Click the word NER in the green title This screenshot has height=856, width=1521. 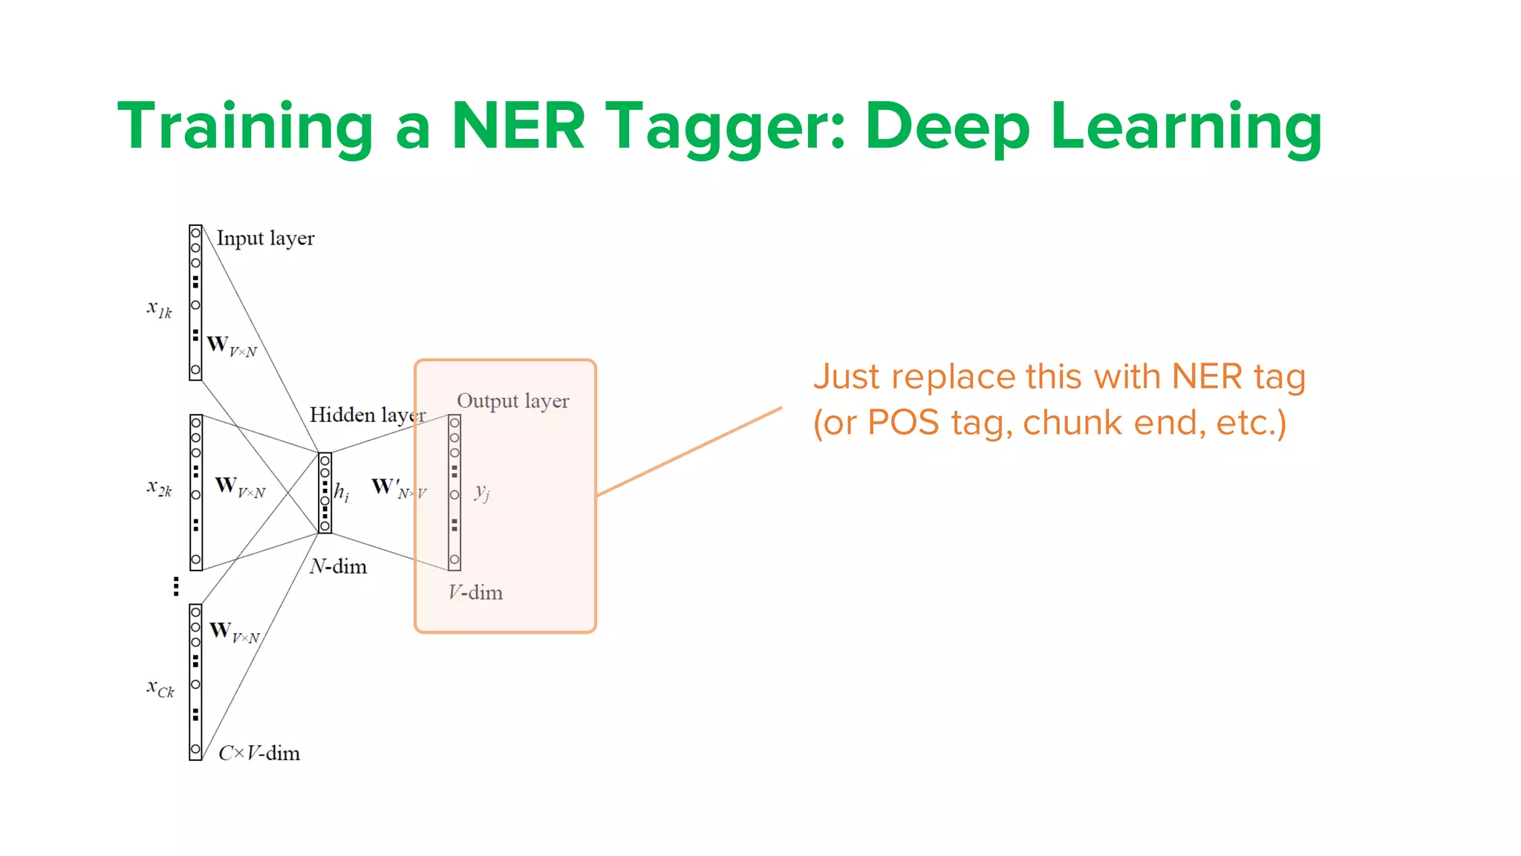pos(518,126)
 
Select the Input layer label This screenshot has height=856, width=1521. pos(265,239)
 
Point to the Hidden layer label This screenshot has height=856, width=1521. pos(367,415)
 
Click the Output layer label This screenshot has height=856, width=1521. pos(512,401)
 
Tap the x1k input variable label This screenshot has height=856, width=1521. pos(160,308)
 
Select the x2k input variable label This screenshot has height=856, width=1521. pos(160,488)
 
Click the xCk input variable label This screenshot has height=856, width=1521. pos(160,688)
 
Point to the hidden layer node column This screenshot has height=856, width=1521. pos(325,493)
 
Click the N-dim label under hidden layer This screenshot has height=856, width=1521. pos(338,567)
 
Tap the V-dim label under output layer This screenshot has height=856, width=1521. pos(475,593)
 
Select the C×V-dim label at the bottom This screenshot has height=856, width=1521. pos(259,753)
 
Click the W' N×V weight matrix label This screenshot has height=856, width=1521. pos(399,488)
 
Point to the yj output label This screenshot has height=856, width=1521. pos(482,492)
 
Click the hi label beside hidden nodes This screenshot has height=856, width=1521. pos(342,493)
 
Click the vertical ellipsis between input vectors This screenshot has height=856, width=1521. pos(176,586)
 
